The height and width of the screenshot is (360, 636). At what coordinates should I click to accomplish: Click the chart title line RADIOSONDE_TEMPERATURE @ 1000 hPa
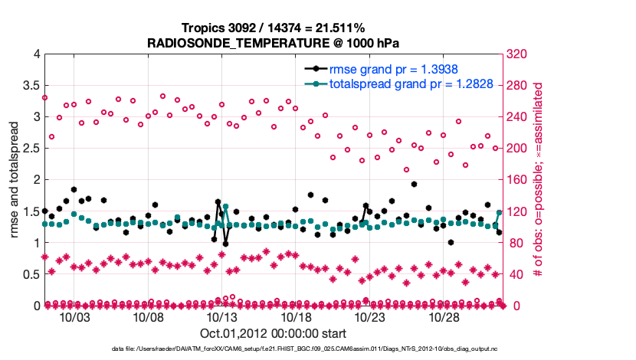pyautogui.click(x=273, y=43)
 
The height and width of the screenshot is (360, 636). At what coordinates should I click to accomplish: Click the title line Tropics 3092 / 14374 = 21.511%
pyautogui.click(x=273, y=28)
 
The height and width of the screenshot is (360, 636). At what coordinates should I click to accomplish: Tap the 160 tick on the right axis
pyautogui.click(x=519, y=180)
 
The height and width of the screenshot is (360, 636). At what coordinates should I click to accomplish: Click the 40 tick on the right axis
pyautogui.click(x=516, y=274)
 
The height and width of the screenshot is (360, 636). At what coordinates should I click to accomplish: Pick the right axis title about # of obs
pyautogui.click(x=539, y=180)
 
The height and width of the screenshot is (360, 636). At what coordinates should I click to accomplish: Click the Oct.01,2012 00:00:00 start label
pyautogui.click(x=273, y=333)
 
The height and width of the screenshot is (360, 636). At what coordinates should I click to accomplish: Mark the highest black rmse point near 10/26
pyautogui.click(x=414, y=184)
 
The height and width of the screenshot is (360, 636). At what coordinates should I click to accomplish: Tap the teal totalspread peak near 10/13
pyautogui.click(x=226, y=207)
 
